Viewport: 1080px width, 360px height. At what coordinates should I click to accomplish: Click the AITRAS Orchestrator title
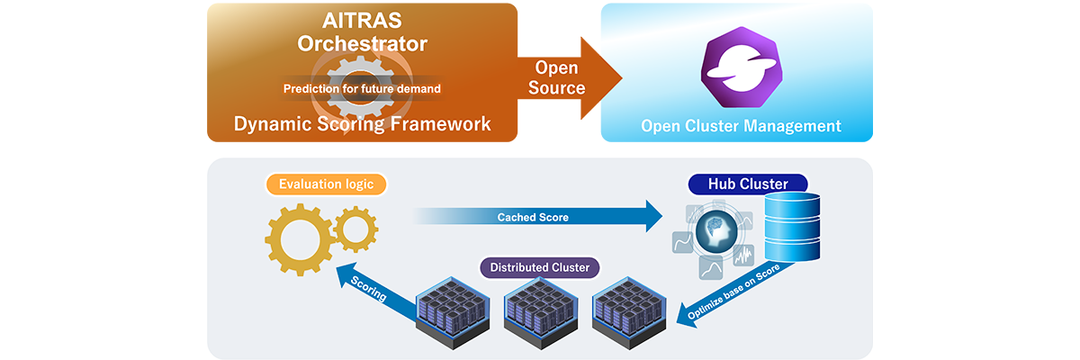coord(362,31)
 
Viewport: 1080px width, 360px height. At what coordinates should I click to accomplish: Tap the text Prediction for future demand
coord(362,89)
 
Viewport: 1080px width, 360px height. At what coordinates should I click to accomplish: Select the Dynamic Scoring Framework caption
coord(362,124)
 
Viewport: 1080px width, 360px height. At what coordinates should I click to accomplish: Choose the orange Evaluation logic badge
coord(326,184)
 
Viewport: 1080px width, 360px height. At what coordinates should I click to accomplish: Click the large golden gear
coord(299,240)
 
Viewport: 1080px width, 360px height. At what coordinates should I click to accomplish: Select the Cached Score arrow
coord(540,217)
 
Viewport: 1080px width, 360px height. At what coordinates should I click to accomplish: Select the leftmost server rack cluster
coord(453,311)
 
